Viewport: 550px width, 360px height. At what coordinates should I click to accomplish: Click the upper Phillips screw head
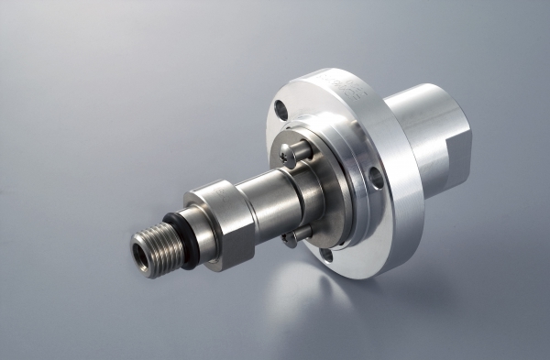[x=291, y=152]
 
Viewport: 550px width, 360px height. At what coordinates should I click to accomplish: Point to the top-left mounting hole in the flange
[x=280, y=112]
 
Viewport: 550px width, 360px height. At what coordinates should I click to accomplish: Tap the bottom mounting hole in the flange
[x=325, y=256]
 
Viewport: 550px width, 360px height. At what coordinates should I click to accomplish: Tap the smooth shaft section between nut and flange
[x=275, y=197]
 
